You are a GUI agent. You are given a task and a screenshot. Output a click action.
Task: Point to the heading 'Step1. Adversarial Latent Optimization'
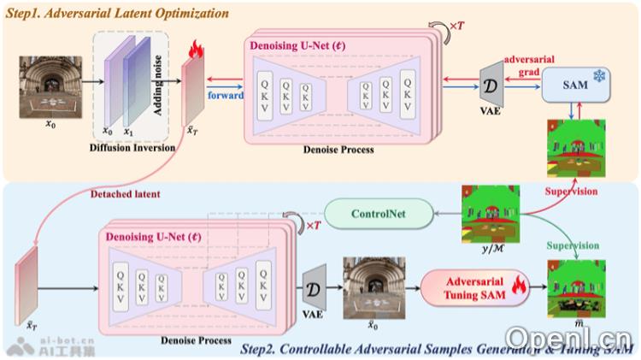[x=117, y=15]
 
